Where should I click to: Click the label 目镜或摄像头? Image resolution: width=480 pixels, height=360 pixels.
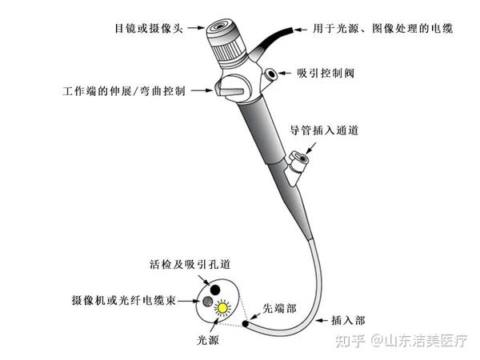point(149,27)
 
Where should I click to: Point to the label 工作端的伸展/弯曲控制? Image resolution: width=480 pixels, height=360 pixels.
point(123,90)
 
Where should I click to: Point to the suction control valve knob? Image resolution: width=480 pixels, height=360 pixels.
point(273,74)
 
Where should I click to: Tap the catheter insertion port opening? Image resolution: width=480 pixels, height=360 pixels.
point(300,159)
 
